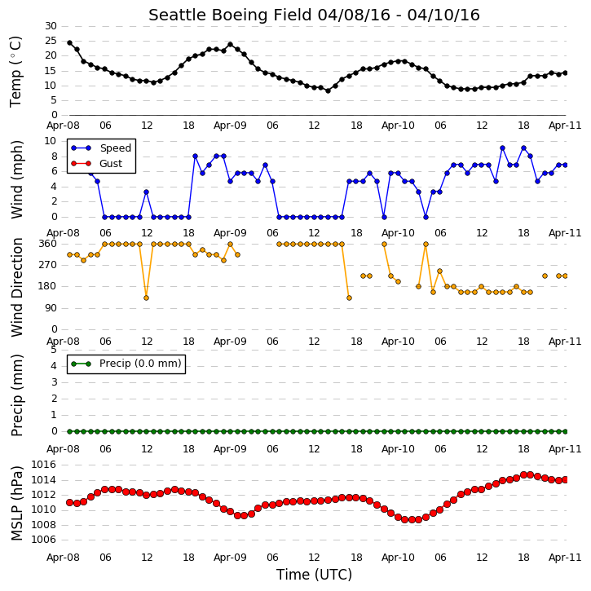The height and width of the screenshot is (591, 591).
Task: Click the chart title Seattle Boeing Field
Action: tap(231, 15)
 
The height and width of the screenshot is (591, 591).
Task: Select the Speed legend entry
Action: tap(101, 148)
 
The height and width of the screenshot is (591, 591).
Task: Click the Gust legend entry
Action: tap(97, 164)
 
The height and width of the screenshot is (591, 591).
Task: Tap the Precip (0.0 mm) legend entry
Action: tap(126, 364)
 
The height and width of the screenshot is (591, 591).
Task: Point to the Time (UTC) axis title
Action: tap(314, 575)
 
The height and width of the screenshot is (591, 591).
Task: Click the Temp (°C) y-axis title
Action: tap(15, 72)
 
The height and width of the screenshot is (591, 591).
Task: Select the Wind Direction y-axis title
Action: tap(17, 287)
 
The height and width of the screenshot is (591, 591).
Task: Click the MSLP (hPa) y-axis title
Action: tap(17, 503)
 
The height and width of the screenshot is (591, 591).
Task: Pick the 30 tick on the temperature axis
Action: tap(51, 26)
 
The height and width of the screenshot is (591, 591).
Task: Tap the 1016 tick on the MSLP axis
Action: tap(43, 465)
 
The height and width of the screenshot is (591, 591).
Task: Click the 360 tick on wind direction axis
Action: tap(48, 244)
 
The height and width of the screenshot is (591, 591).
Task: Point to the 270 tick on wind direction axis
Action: tap(48, 265)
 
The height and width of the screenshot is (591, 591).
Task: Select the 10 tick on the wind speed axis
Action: tap(51, 141)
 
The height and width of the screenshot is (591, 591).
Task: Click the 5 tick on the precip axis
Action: tap(54, 350)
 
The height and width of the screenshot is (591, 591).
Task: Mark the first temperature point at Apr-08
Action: tap(70, 43)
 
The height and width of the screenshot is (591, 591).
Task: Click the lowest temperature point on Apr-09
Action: tap(328, 90)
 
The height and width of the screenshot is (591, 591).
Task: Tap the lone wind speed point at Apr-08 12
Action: tap(146, 192)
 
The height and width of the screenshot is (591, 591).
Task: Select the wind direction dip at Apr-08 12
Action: tap(146, 298)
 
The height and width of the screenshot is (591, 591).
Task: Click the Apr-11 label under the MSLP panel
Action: tap(565, 558)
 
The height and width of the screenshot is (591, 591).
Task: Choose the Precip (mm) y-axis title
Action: tap(17, 395)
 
